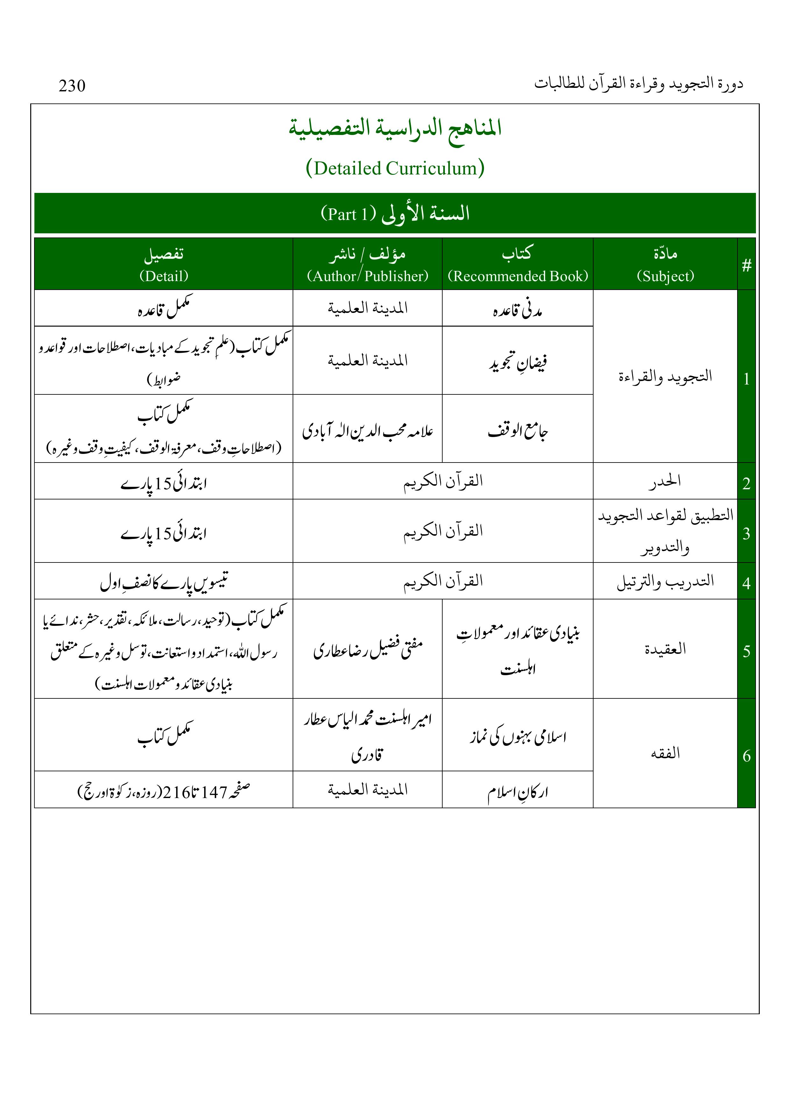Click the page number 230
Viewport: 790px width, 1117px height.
point(72,86)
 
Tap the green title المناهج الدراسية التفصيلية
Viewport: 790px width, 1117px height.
point(395,128)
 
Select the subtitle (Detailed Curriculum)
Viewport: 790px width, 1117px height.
point(395,168)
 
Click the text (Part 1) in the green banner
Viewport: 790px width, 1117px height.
point(349,214)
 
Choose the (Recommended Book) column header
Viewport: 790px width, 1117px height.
point(517,276)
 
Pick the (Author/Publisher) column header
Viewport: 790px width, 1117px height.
point(367,276)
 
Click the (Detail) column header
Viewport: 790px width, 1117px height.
point(164,276)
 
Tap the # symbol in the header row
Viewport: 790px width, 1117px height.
point(746,265)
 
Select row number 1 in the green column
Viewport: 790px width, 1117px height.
point(746,379)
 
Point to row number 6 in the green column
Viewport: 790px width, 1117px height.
point(746,755)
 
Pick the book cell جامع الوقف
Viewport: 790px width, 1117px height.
point(517,431)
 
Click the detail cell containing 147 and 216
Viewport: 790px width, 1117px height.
point(164,792)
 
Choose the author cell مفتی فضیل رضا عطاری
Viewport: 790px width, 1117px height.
point(367,649)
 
